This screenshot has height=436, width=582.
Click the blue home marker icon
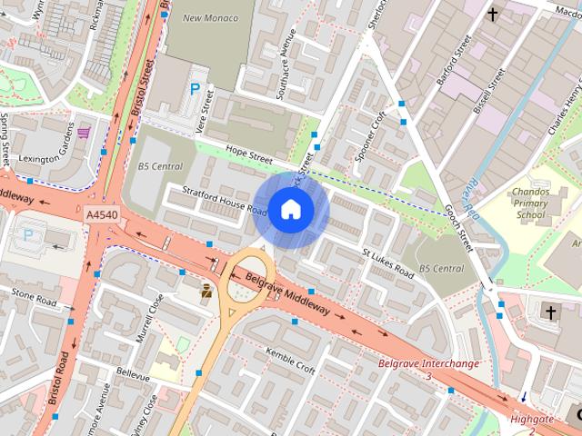(290, 210)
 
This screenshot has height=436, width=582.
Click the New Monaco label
(210, 18)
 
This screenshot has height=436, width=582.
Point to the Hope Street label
(249, 157)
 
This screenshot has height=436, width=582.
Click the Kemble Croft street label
(289, 361)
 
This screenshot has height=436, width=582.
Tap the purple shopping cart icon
(84, 133)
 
